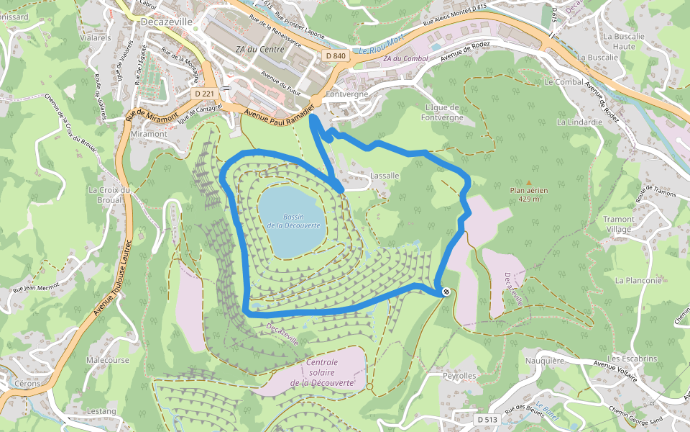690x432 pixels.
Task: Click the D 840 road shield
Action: click(335, 55)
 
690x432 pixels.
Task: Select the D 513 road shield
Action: click(487, 419)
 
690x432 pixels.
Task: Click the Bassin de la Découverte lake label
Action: click(293, 221)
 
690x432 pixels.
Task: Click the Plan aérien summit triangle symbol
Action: click(529, 183)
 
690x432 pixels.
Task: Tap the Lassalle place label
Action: click(384, 175)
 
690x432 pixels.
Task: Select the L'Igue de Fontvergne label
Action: click(437, 112)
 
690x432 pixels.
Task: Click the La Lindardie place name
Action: click(579, 122)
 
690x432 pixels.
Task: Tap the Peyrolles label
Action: click(459, 376)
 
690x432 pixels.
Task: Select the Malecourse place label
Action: click(108, 359)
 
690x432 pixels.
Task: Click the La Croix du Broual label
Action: click(109, 195)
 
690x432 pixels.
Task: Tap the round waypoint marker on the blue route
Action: click(446, 292)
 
